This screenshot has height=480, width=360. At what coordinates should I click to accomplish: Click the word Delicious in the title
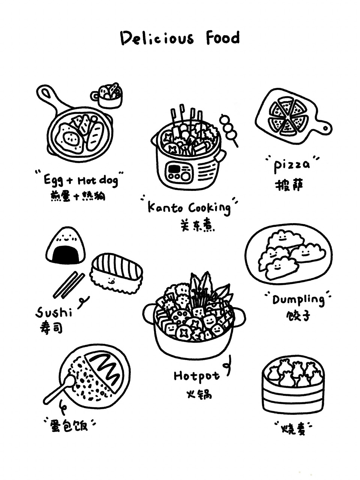157,39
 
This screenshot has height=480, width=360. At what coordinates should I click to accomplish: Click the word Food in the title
223,38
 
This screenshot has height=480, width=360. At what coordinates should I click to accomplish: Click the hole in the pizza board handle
326,128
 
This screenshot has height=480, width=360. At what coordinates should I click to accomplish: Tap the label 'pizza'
292,165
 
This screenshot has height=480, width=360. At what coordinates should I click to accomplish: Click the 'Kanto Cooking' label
189,207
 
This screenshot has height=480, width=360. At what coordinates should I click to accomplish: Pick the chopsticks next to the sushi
69,285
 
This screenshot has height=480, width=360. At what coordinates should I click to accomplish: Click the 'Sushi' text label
54,312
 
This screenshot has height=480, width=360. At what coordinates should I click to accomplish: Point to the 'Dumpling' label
298,300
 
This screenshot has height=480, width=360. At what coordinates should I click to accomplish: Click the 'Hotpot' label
196,376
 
